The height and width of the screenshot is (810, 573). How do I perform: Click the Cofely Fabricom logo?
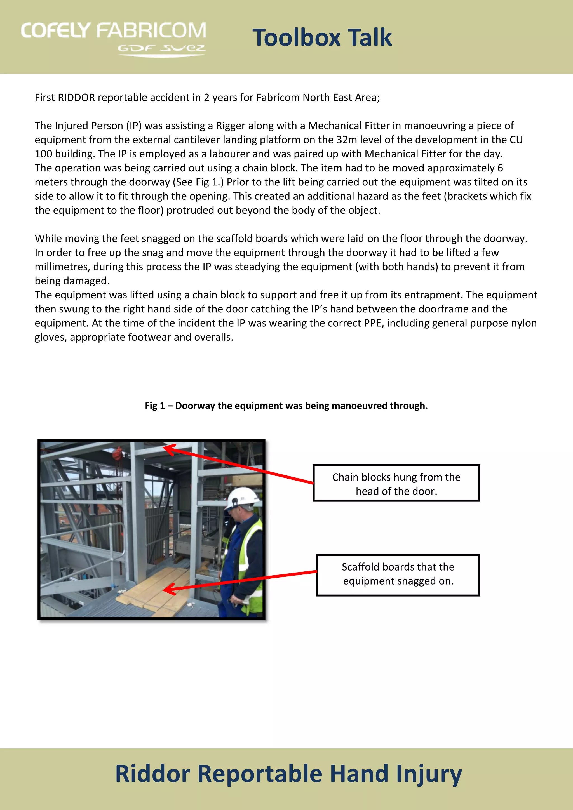113,38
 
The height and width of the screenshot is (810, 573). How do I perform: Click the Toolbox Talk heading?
322,37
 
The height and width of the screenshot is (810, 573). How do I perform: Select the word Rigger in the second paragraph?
231,126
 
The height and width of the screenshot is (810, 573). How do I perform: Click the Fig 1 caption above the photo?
286,406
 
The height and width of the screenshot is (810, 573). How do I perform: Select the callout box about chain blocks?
396,483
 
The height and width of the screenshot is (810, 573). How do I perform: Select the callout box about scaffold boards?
398,575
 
